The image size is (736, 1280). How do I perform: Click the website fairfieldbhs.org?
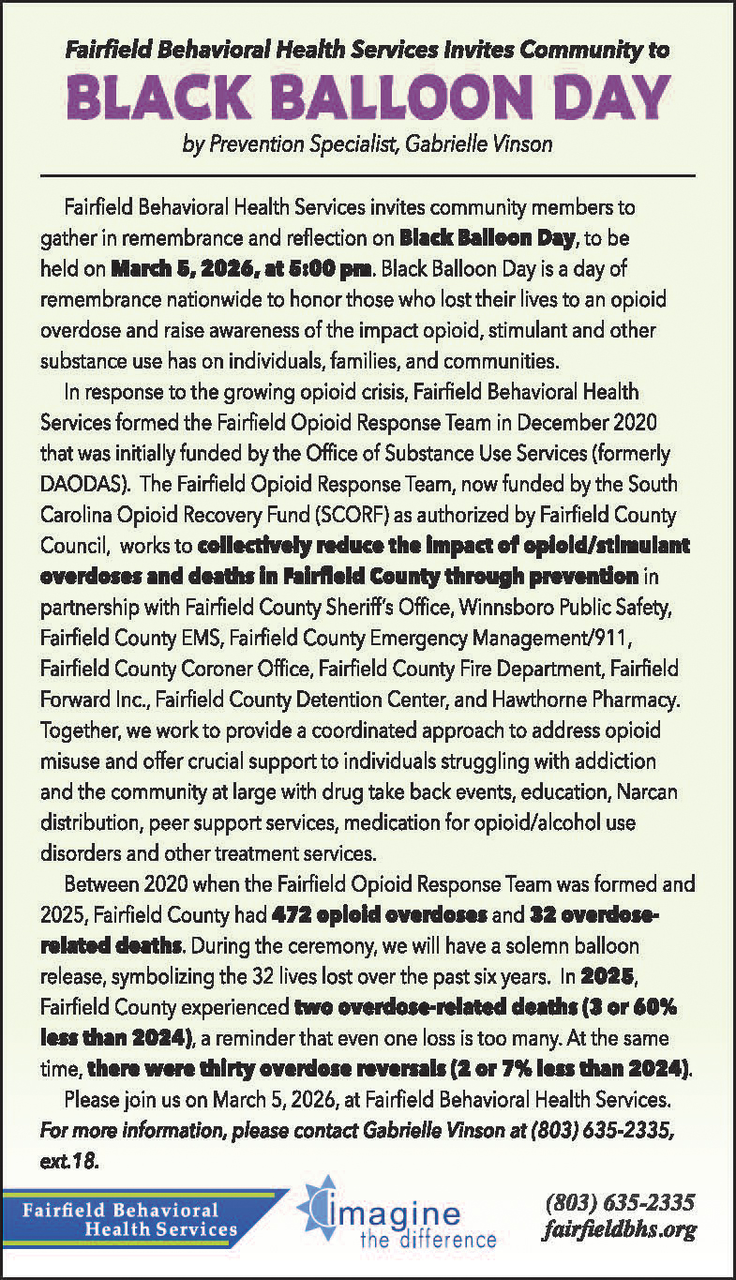click(x=621, y=1229)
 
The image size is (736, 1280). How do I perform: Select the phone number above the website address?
click(x=620, y=1201)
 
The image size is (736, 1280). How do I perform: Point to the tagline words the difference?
click(x=428, y=1239)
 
